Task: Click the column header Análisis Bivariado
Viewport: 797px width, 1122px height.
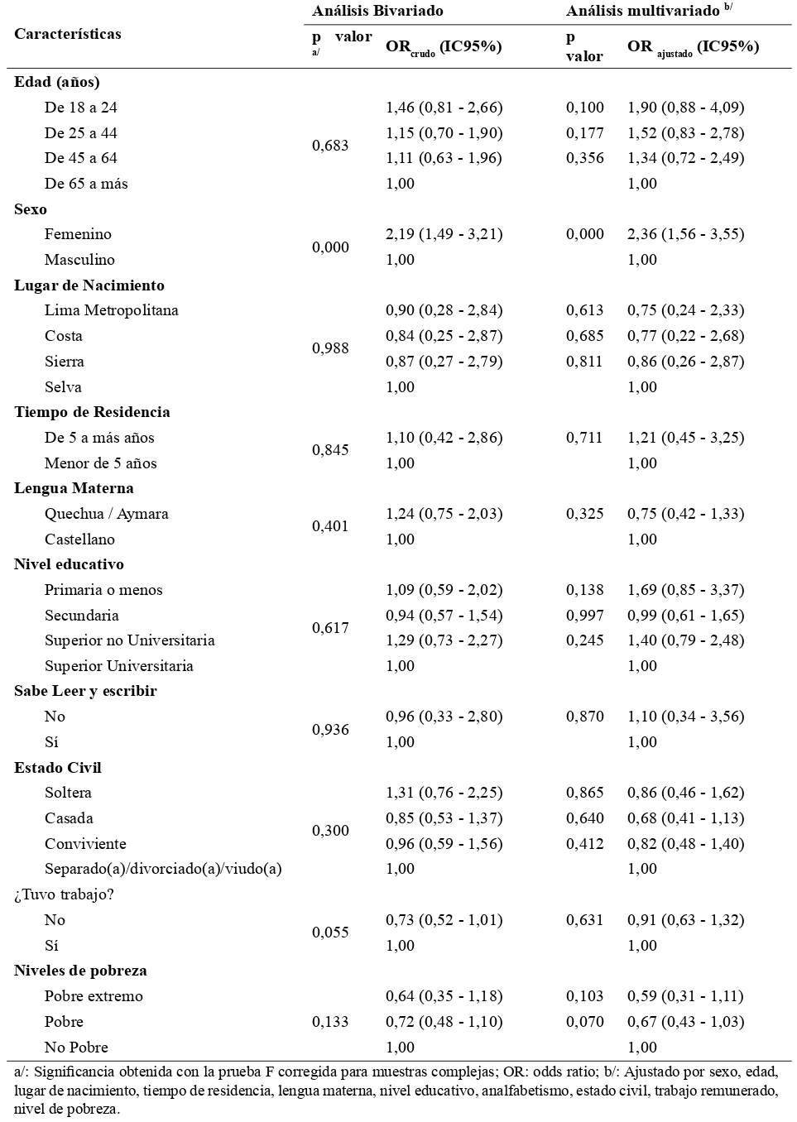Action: pyautogui.click(x=377, y=11)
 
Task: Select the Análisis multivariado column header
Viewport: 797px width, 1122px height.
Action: pyautogui.click(x=643, y=11)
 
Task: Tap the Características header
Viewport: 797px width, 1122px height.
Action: pyautogui.click(x=68, y=34)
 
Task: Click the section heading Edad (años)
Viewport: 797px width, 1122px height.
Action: pyautogui.click(x=57, y=82)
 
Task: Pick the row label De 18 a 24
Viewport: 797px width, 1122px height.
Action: pyautogui.click(x=81, y=108)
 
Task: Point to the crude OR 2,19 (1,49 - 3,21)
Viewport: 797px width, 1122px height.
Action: pyautogui.click(x=444, y=234)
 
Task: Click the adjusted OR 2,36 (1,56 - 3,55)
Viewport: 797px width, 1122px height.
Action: pyautogui.click(x=685, y=234)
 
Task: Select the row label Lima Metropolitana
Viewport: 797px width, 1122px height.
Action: pyautogui.click(x=112, y=310)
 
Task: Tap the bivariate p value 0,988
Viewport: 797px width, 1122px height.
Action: pyautogui.click(x=330, y=348)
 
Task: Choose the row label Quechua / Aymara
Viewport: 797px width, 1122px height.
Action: pyautogui.click(x=107, y=514)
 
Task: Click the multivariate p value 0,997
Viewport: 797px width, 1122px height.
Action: pyautogui.click(x=585, y=616)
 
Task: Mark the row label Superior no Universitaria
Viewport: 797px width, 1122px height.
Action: pyautogui.click(x=130, y=640)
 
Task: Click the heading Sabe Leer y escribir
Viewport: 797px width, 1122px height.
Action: pyautogui.click(x=85, y=691)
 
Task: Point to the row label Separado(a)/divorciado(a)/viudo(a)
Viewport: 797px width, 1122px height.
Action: pyautogui.click(x=163, y=869)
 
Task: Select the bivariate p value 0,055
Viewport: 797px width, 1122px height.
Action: pyautogui.click(x=330, y=933)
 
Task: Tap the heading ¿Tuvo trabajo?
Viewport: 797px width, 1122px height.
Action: pyautogui.click(x=63, y=894)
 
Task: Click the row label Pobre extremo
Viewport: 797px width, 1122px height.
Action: pyautogui.click(x=94, y=996)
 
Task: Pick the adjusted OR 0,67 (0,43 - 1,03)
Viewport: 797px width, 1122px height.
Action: pyautogui.click(x=685, y=1022)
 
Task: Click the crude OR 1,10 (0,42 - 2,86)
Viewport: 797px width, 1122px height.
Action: pyautogui.click(x=444, y=438)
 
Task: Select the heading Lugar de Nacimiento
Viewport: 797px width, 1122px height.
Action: pyautogui.click(x=89, y=285)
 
